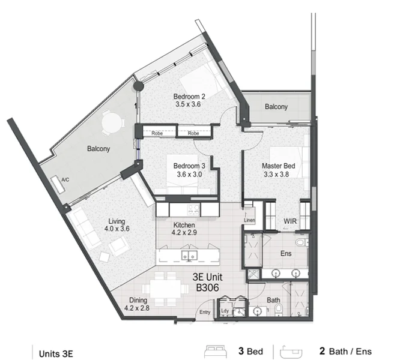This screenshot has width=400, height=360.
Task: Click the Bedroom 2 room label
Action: tap(190, 96)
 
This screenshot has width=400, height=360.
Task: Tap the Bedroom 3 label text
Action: tap(190, 166)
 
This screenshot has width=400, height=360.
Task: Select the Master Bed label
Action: tap(276, 166)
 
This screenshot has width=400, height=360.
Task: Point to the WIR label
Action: tap(291, 221)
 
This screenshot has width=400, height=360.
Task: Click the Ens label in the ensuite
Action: tap(286, 253)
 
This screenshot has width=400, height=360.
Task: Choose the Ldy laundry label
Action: tap(225, 311)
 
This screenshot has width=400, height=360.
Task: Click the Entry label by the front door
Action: tap(205, 311)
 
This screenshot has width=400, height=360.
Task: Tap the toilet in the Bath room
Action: tap(278, 310)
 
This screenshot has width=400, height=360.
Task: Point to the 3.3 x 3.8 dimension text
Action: tap(276, 175)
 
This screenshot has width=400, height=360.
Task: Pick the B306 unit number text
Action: tap(206, 288)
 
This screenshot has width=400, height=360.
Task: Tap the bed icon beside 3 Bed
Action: tap(216, 351)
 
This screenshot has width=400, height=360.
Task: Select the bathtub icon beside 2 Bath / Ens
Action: tap(297, 351)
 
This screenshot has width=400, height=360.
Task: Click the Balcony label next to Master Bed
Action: tap(276, 107)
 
